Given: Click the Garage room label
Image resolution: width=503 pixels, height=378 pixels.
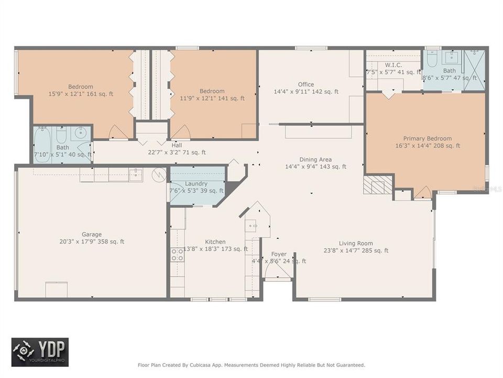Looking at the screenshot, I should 92,234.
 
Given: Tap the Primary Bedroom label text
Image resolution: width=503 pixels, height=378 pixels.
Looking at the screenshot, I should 427,139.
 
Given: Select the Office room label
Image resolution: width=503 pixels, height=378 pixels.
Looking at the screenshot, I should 306,84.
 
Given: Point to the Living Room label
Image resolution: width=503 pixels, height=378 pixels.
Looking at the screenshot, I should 356,243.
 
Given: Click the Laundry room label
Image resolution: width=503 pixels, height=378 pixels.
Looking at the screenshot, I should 196,183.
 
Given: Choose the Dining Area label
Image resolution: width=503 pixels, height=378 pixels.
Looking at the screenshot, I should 315,160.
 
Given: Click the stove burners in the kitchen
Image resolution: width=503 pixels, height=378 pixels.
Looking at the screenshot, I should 178,255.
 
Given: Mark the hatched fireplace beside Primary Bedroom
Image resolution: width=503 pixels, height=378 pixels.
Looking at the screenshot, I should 378,185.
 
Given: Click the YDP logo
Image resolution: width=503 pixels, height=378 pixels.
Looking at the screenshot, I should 40,352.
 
